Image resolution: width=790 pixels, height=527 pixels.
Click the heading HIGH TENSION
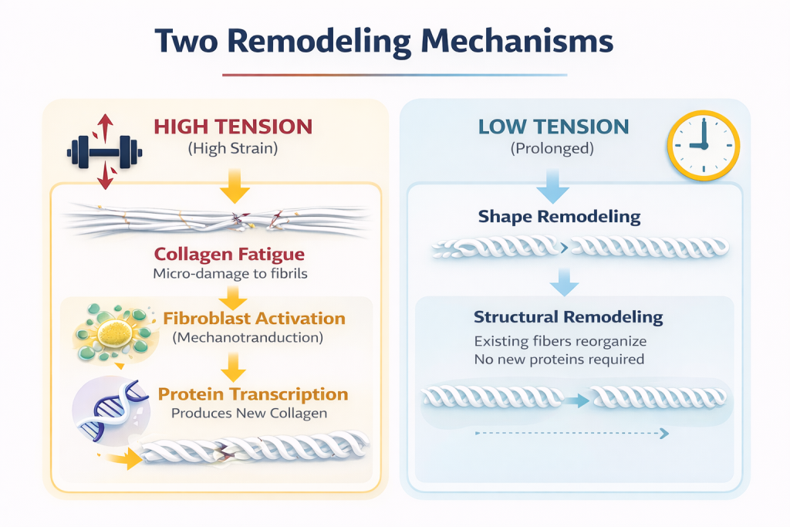coord(232,127)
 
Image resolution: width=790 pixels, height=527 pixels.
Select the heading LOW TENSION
coord(554,127)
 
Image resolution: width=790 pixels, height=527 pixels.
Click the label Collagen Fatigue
coord(229,254)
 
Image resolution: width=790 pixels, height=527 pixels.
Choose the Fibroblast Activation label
coord(255,318)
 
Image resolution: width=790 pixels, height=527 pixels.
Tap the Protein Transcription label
coord(253,394)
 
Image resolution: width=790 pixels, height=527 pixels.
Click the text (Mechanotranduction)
coord(248,338)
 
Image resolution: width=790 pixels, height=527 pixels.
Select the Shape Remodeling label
coord(559,216)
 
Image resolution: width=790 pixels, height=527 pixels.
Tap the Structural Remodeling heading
coord(569,316)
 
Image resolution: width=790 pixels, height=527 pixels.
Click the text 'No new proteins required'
coord(559,359)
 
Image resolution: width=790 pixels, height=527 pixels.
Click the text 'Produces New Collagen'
coord(248,413)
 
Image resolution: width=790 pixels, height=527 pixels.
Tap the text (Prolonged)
coord(553,148)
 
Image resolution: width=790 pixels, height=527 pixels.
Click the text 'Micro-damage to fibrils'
coord(229,274)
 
